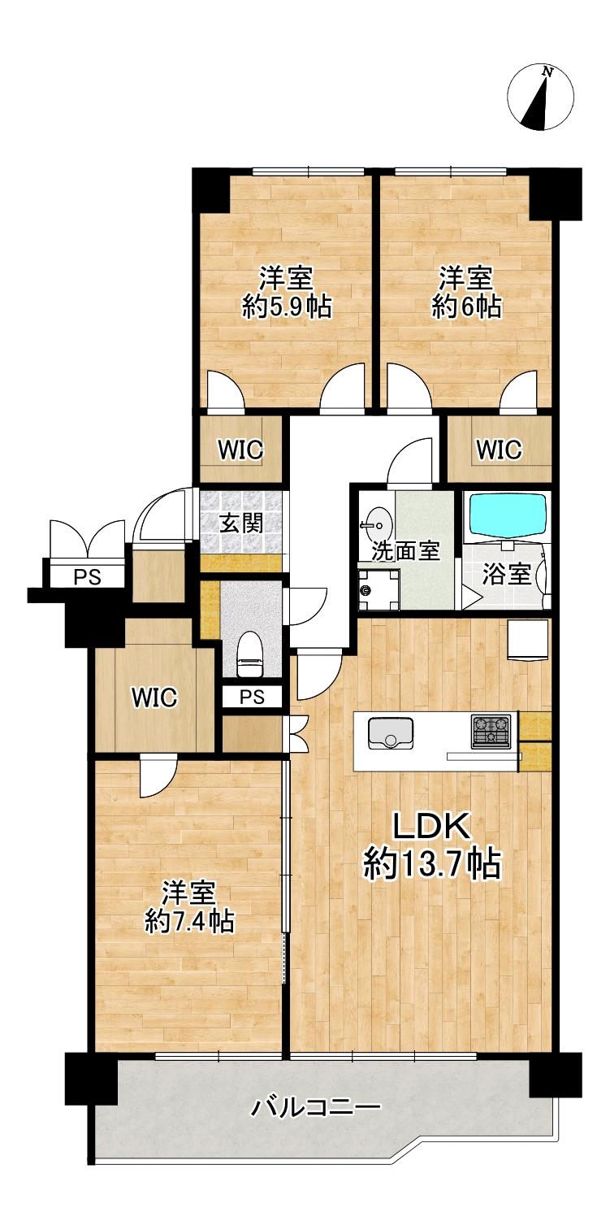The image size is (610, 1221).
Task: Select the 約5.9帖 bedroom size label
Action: (x=287, y=307)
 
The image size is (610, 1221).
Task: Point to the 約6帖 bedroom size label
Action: (x=467, y=307)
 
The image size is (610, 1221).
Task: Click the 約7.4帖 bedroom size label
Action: (x=189, y=921)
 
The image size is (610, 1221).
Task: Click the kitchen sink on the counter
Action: (x=390, y=734)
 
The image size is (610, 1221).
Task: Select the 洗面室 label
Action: (x=406, y=551)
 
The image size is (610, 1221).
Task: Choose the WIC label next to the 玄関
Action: (x=240, y=450)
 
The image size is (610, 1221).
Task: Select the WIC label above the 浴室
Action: (x=499, y=450)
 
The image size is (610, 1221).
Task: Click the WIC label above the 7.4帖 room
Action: (x=155, y=697)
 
